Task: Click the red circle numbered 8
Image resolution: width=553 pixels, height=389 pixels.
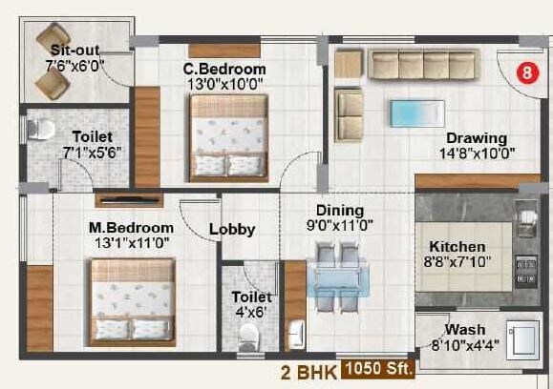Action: (x=523, y=72)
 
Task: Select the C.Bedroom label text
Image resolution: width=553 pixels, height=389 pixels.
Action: (x=224, y=70)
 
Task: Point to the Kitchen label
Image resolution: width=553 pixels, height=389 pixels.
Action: (x=457, y=247)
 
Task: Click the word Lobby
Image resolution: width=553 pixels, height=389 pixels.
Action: (x=231, y=229)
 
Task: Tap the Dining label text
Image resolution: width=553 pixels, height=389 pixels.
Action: (x=340, y=210)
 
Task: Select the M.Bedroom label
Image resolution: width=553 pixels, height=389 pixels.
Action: (x=131, y=228)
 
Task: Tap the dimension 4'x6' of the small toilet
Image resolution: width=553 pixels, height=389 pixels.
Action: (x=253, y=311)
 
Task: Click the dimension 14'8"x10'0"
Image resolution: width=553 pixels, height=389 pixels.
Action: (x=477, y=152)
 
